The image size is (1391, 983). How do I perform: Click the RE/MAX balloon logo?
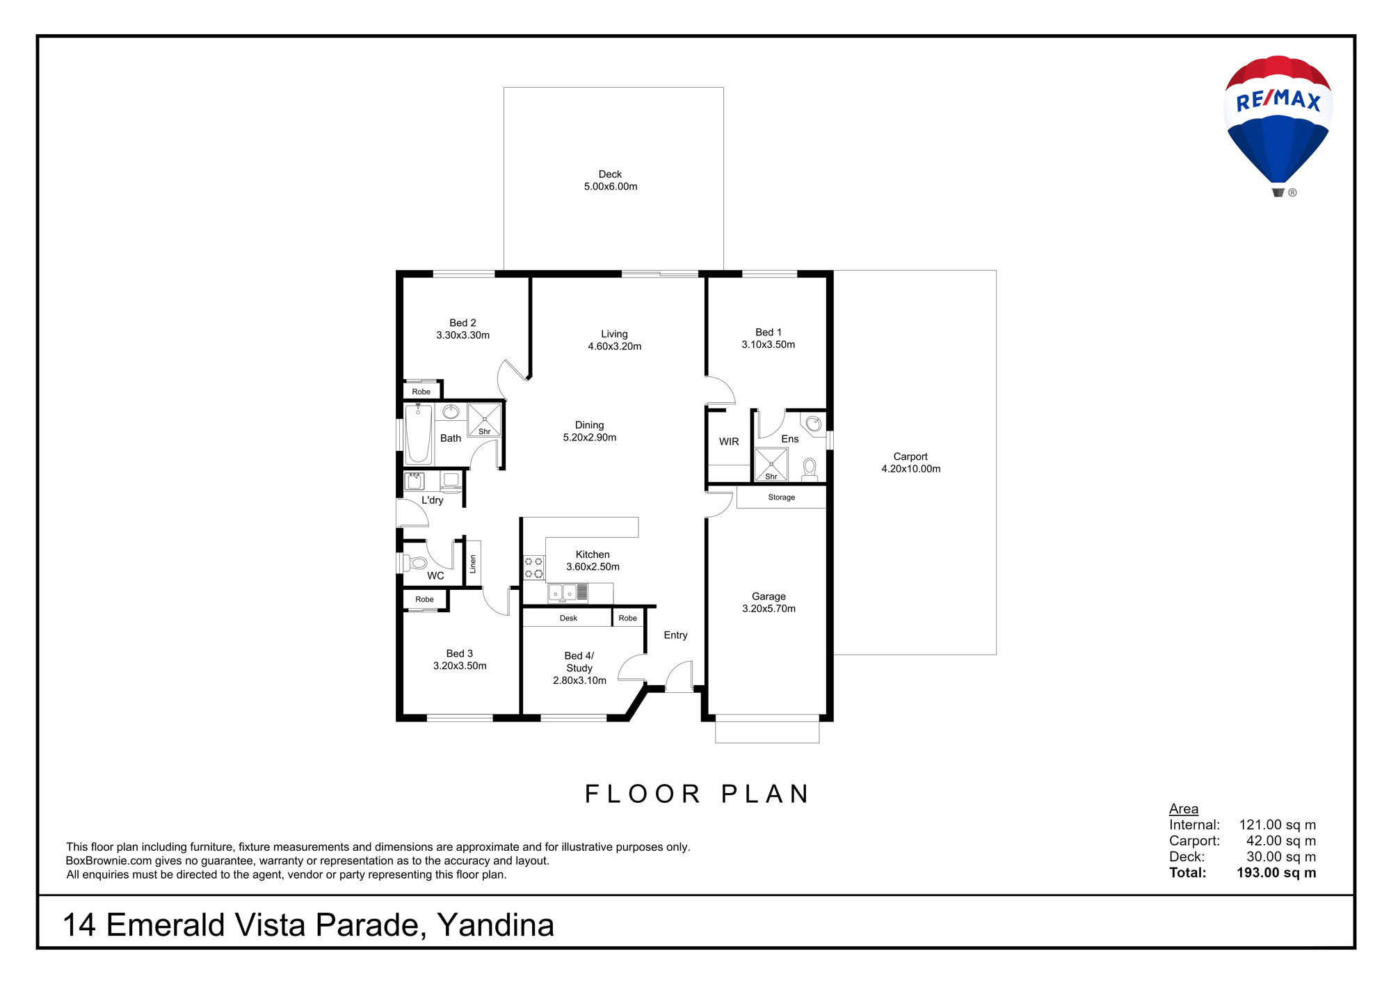pos(1278,125)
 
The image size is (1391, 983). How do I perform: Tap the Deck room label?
pos(610,174)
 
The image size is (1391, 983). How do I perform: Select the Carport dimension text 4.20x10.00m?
pos(911,469)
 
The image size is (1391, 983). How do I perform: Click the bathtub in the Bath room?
pos(418,433)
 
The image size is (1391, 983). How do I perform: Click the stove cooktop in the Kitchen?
pos(533,567)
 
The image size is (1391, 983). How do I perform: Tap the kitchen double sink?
pos(563,593)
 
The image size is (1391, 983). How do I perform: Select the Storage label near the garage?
pos(781,497)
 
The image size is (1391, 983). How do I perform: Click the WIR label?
pos(729,442)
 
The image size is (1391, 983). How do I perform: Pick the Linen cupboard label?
pos(473,564)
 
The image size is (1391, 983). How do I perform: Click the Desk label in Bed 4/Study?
pos(568,618)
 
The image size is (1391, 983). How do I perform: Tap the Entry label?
pos(675,635)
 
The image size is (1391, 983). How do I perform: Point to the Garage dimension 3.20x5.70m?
pos(769,609)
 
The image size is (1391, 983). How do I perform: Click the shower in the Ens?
pos(771,465)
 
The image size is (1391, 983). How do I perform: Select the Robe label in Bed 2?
pos(421,392)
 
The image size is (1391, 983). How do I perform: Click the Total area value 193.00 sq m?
pos(1276,872)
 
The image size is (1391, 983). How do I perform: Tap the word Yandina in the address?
pos(495,925)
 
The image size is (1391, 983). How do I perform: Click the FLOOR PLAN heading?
pos(697,794)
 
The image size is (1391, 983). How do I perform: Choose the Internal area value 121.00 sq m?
pos(1278,825)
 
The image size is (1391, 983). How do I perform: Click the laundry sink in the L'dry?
pos(415,481)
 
